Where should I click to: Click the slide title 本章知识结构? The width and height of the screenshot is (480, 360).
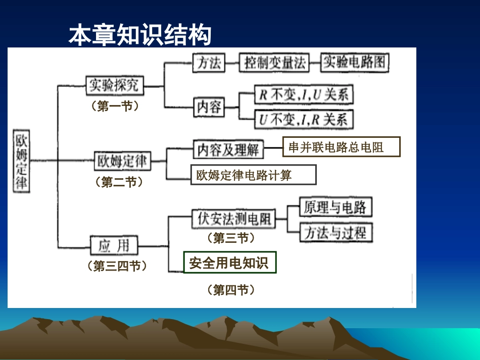(139, 35)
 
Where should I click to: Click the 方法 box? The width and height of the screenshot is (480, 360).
(208, 63)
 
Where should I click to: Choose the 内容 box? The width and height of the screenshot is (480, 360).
(208, 107)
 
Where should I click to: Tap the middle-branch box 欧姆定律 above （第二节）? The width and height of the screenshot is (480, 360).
(122, 162)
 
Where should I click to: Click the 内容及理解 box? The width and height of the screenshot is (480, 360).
(228, 149)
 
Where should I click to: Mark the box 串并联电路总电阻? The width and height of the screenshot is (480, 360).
(341, 147)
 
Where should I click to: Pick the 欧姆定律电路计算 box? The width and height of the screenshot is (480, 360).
(253, 175)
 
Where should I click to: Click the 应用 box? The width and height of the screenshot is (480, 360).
(114, 246)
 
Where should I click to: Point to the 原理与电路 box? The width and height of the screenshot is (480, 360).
(335, 207)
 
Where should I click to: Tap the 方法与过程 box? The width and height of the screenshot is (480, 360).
(335, 233)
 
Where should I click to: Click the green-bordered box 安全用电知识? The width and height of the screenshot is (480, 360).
(230, 263)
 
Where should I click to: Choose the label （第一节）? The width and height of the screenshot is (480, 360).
(114, 106)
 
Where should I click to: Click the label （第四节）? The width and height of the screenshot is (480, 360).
(230, 290)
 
